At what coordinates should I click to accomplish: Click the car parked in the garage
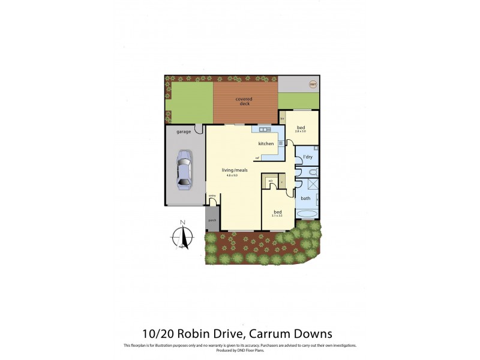(x=184, y=170)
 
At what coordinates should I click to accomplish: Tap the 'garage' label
(x=184, y=131)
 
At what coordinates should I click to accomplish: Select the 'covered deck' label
(x=244, y=101)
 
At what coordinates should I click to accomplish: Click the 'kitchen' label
(x=266, y=143)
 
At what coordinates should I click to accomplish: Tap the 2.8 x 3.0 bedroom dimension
(x=300, y=131)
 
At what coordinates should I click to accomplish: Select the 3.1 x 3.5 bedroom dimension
(x=277, y=216)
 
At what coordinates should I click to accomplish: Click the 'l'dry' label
(x=308, y=157)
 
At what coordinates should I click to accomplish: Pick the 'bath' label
(x=305, y=198)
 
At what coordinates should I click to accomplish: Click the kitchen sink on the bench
(x=264, y=130)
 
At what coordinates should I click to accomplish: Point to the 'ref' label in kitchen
(x=257, y=158)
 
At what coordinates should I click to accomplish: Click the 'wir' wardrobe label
(x=271, y=180)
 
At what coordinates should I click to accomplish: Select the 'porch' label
(x=212, y=221)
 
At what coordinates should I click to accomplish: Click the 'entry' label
(x=212, y=196)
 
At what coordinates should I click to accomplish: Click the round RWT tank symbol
(x=313, y=85)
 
